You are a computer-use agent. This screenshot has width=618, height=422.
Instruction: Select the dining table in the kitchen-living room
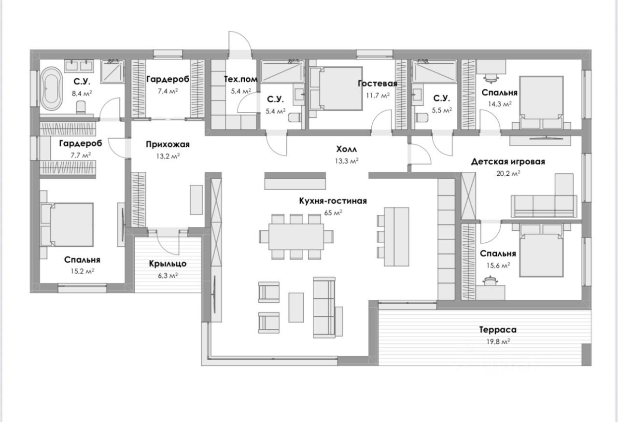(296, 236)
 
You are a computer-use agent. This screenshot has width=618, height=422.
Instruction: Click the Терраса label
(498, 330)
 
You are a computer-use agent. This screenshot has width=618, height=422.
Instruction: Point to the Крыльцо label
(168, 264)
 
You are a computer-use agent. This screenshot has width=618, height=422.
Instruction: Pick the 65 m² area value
(333, 212)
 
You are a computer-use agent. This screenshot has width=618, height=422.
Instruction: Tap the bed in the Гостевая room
(337, 89)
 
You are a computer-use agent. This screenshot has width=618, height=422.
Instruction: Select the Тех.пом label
(240, 79)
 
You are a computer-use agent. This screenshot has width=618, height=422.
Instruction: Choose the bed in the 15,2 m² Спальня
(68, 225)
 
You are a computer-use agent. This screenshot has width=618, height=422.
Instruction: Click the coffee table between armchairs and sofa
(296, 307)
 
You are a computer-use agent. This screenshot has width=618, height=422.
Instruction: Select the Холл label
(347, 149)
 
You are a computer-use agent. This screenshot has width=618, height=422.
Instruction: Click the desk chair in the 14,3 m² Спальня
(491, 78)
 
